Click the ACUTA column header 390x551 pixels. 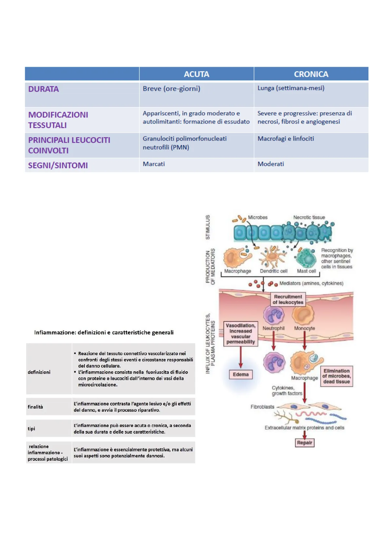(196, 74)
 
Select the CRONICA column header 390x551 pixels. (311, 74)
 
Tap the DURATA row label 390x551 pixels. (44, 89)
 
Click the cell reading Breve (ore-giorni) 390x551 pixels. (171, 89)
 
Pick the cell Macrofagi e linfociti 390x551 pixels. (286, 139)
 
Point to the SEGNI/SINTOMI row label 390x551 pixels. (58, 166)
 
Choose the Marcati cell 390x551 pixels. (154, 164)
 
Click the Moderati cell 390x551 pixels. (270, 164)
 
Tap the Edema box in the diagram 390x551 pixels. (241, 374)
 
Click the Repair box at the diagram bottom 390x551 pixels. (305, 443)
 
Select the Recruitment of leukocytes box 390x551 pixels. (288, 299)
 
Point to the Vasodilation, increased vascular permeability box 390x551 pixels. (241, 334)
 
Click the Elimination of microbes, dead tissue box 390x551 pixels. (336, 376)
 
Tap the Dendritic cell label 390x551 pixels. (273, 271)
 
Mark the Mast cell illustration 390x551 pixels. (306, 258)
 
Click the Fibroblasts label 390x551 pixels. (262, 407)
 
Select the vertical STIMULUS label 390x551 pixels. (208, 227)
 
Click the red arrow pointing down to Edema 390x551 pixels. (241, 357)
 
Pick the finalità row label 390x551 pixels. (35, 407)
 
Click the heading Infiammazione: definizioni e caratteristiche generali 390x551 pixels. (104, 332)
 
